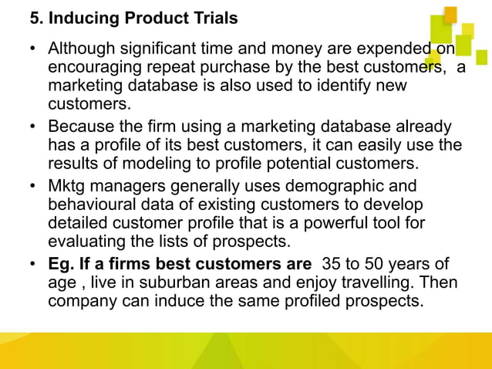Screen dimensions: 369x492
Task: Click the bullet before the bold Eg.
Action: point(34,265)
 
